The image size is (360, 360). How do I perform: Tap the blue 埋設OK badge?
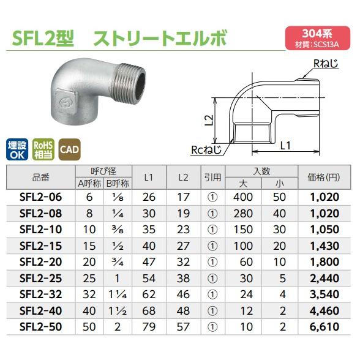click(x=18, y=149)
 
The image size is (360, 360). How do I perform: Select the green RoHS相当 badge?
click(x=43, y=149)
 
